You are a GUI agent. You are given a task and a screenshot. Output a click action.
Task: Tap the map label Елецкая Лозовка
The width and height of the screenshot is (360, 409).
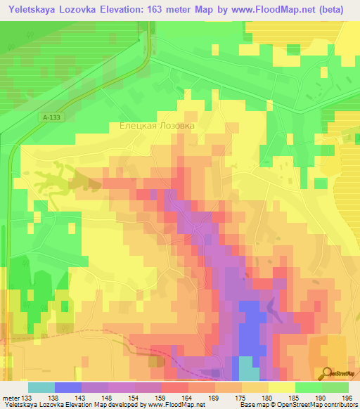tap(156, 126)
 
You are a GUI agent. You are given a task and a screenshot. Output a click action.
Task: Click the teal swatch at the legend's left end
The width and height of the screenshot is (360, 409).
tap(41, 387)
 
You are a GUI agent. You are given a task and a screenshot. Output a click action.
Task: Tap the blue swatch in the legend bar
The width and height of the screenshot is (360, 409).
tap(68, 387)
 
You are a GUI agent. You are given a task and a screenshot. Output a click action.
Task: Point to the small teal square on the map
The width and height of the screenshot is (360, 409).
tap(247, 368)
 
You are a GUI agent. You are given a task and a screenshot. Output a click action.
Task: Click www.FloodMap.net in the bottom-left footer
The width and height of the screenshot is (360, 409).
tap(165, 405)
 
